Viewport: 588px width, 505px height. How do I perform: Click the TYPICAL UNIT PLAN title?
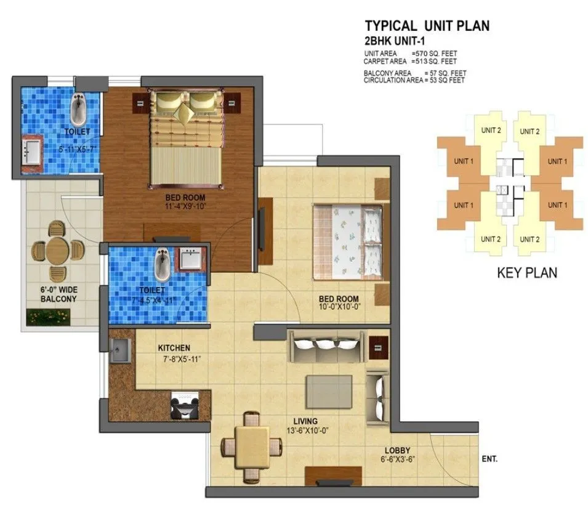coord(427,26)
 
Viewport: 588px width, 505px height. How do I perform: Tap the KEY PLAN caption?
coord(526,272)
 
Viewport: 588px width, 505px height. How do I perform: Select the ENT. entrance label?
coord(489,459)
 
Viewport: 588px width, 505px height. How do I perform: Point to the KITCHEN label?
coord(173,347)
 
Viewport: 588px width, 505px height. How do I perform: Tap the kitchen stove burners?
coord(183,404)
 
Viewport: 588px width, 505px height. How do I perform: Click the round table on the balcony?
coord(58,250)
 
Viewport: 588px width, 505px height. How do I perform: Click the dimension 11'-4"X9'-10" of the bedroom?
coord(185,206)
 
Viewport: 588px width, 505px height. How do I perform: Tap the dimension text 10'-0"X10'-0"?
coord(340,307)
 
